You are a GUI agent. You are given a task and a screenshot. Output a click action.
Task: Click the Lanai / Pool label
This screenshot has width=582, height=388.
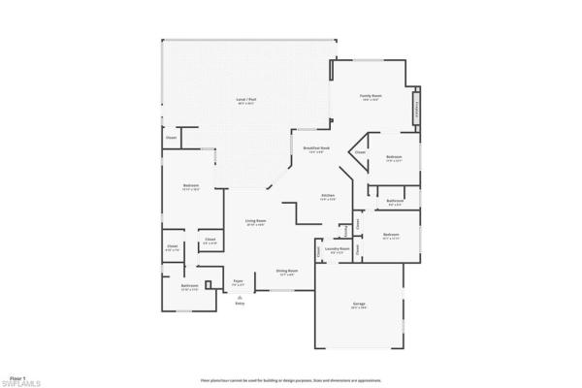[x=246, y=101]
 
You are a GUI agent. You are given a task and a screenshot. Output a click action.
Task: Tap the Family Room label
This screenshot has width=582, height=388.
[x=370, y=97]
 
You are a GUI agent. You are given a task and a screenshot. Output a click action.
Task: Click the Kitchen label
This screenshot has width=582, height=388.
[x=328, y=197]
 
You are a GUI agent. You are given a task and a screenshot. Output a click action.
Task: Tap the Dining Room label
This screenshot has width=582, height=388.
[x=286, y=272]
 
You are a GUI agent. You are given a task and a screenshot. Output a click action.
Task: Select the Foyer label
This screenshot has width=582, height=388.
[x=238, y=281]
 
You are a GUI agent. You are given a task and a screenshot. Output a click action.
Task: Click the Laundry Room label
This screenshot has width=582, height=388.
[x=338, y=250]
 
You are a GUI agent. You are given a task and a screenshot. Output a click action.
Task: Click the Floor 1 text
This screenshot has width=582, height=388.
[x=16, y=375]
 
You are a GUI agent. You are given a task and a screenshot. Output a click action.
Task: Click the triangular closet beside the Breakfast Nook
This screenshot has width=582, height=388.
[x=359, y=152]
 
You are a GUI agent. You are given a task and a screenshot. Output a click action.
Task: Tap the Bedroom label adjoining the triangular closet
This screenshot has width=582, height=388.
[x=393, y=158]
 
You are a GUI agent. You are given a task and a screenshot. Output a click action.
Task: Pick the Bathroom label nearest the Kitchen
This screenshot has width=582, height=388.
[x=395, y=203]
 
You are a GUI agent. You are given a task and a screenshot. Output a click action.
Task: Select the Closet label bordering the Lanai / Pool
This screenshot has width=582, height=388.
[x=171, y=138]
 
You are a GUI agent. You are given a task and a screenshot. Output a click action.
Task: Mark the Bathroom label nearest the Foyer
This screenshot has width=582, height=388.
[x=189, y=286]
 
